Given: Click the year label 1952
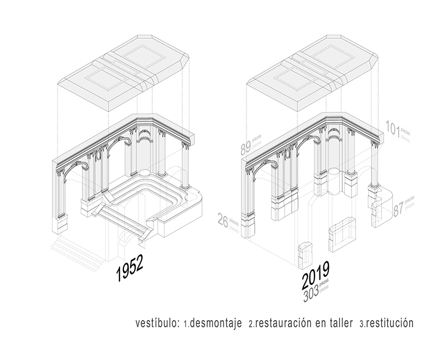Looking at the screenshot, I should pyautogui.click(x=129, y=270).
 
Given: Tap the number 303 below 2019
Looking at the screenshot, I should pyautogui.click(x=312, y=294).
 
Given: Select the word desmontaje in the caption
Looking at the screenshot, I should pyautogui.click(x=217, y=323).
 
